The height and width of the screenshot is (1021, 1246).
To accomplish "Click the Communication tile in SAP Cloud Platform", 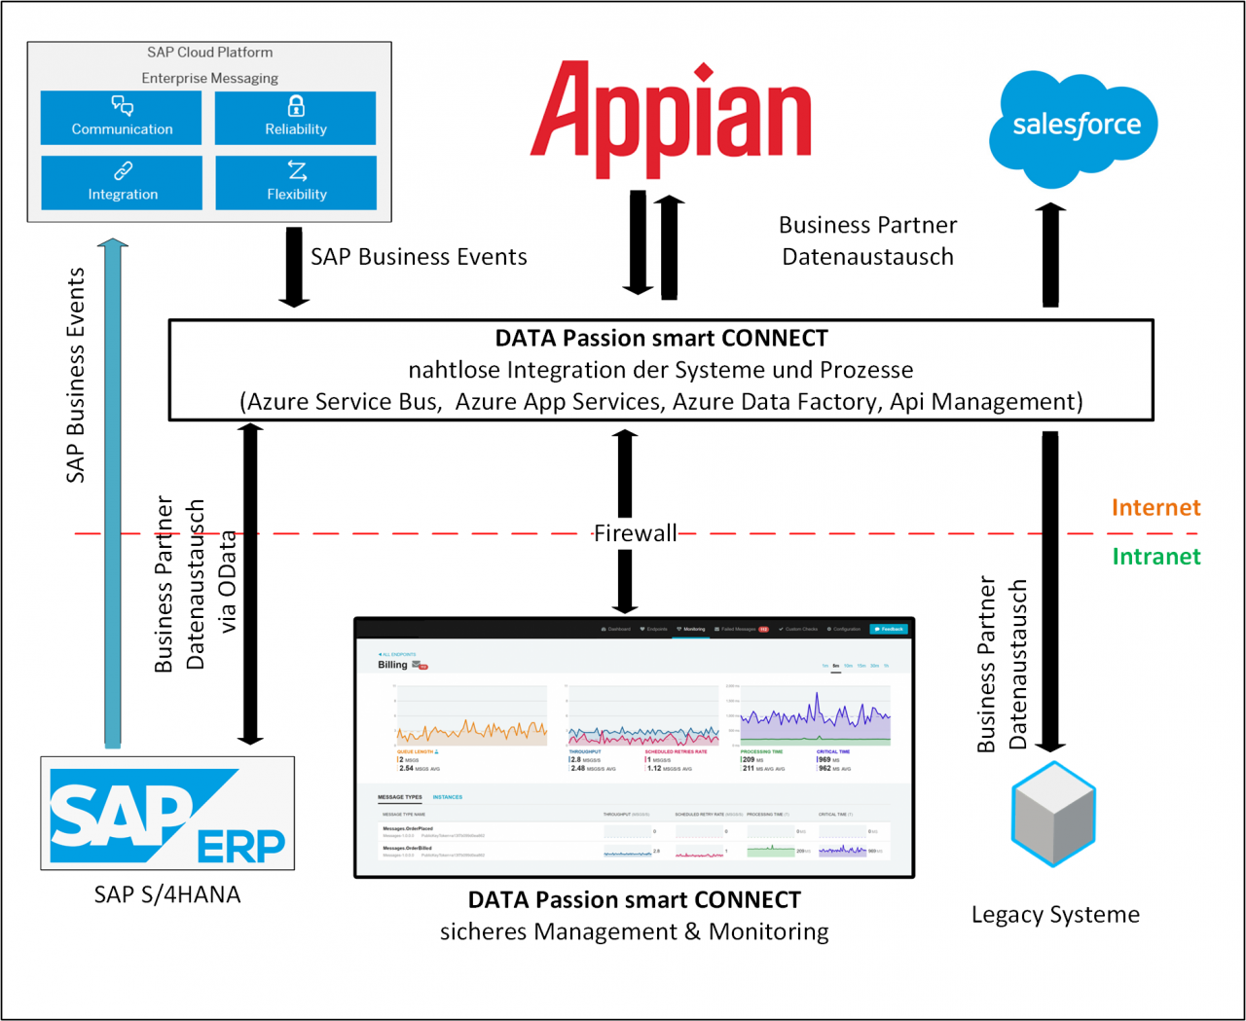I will click(x=122, y=118).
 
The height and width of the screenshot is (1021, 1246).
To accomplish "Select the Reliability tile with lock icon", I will click(x=295, y=118).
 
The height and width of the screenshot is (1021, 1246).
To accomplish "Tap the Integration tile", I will click(x=122, y=183).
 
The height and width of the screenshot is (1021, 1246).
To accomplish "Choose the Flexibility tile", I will click(x=296, y=183).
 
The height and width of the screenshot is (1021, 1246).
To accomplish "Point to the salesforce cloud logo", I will click(x=1075, y=127).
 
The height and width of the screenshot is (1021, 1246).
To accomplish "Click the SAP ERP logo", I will click(x=167, y=814).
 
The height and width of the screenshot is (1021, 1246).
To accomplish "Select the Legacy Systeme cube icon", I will click(x=1053, y=814).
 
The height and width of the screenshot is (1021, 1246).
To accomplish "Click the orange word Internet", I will click(x=1155, y=507).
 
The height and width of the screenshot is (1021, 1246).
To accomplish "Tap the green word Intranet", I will click(x=1155, y=556).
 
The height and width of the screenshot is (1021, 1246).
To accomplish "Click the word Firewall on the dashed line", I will click(x=635, y=532).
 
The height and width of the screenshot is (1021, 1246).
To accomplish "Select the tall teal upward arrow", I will click(x=113, y=492).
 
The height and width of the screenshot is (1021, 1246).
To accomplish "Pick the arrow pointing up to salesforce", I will click(x=1049, y=255).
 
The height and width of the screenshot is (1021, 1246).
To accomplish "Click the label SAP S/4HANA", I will click(x=167, y=894).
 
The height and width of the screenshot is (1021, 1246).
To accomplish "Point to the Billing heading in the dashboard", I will click(x=393, y=665).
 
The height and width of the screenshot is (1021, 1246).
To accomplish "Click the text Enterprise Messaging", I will click(x=209, y=78).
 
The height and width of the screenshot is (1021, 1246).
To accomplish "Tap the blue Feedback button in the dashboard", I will click(x=888, y=629).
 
